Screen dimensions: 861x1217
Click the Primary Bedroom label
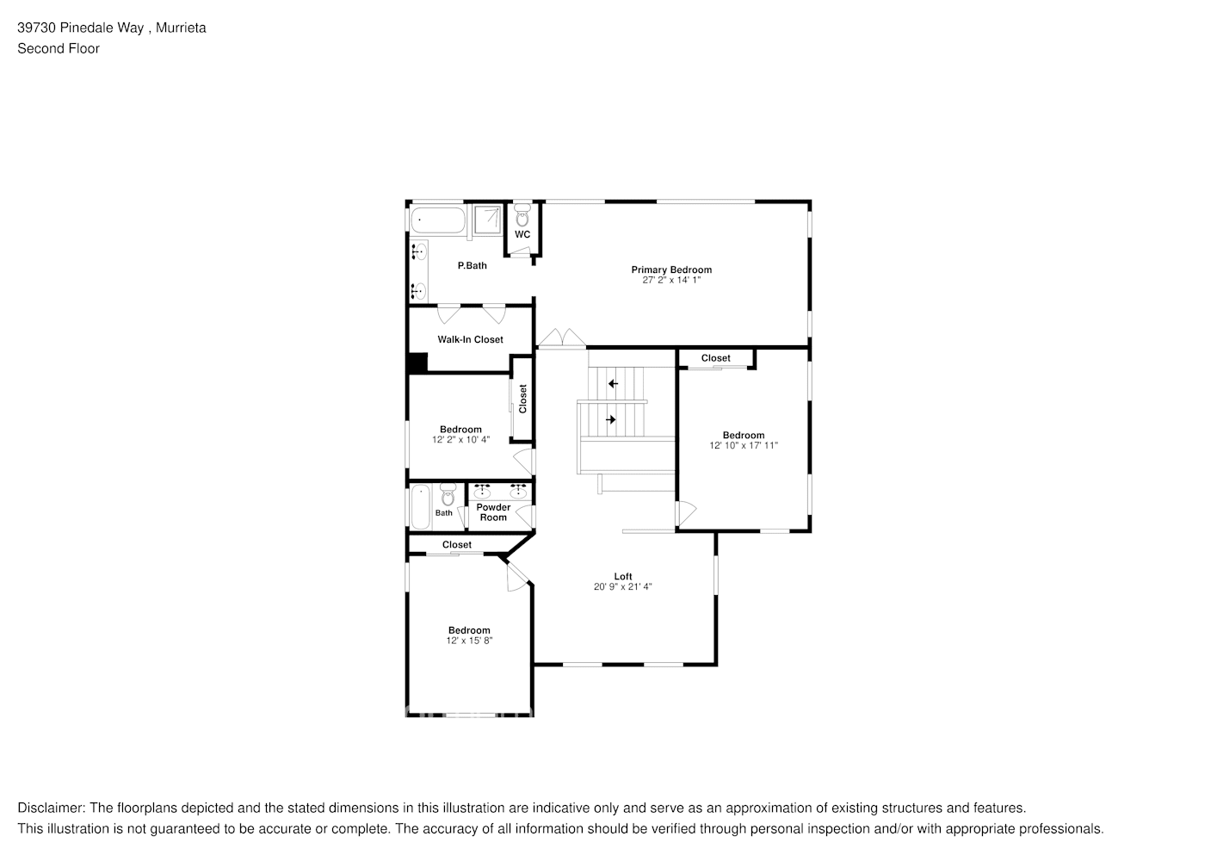(671, 269)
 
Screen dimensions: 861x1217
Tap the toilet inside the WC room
(522, 215)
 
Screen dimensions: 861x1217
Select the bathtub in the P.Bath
(437, 220)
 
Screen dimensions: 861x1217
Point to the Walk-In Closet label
(470, 339)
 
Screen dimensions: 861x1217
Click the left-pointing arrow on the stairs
(613, 383)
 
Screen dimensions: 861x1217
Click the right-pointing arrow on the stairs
(611, 419)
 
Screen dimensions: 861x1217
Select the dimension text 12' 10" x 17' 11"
(744, 446)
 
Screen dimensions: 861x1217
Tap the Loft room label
(623, 576)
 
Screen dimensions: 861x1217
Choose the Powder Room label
(493, 512)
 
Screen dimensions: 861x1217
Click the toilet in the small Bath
(447, 497)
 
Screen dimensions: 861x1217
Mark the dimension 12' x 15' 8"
(469, 641)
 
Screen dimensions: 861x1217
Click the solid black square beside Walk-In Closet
(417, 363)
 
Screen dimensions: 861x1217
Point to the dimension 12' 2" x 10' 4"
(460, 439)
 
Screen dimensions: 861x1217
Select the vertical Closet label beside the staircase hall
(522, 398)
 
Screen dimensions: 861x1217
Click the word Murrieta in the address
(182, 28)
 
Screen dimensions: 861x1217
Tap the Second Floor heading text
(59, 48)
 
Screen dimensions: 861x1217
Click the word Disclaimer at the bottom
(51, 808)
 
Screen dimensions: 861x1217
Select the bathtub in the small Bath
(420, 508)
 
